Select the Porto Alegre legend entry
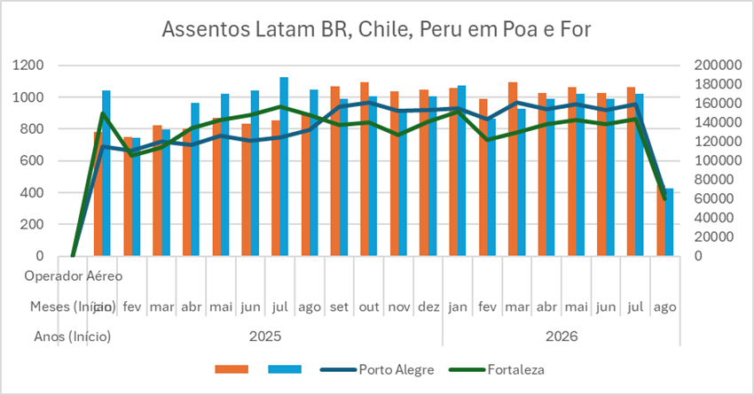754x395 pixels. pyautogui.click(x=396, y=369)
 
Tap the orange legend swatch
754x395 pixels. pyautogui.click(x=232, y=369)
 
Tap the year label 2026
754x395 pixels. pyautogui.click(x=561, y=337)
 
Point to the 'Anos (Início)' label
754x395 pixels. pyautogui.click(x=73, y=337)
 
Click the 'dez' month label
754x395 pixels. pyautogui.click(x=428, y=306)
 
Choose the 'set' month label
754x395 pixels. pyautogui.click(x=340, y=306)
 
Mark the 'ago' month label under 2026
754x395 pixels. pyautogui.click(x=664, y=306)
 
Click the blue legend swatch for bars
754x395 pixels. pyautogui.click(x=285, y=369)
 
